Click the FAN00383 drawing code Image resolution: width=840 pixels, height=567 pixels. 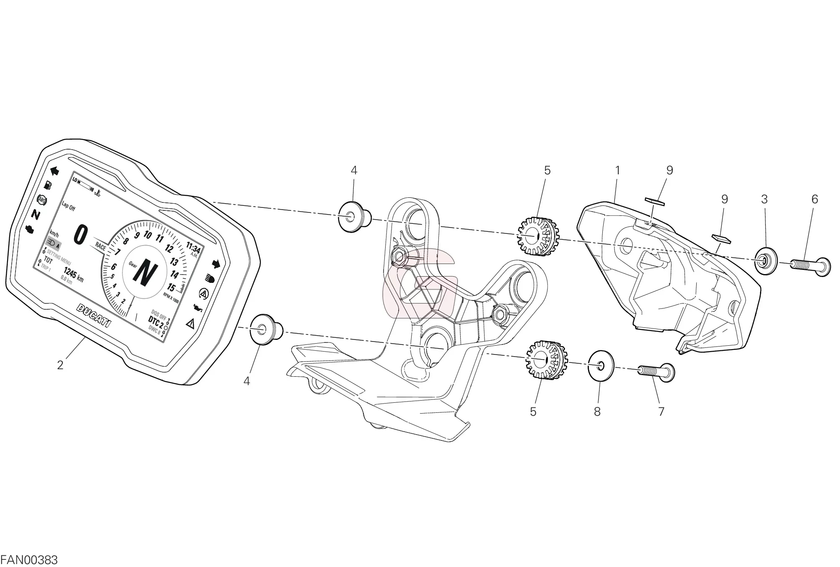click(29, 560)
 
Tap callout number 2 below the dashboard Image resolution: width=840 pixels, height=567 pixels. click(60, 365)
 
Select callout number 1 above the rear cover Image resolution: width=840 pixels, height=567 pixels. click(617, 171)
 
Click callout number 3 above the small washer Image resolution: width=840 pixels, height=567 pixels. click(764, 199)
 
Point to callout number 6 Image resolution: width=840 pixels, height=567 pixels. click(814, 199)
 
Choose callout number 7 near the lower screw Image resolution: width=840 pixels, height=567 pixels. click(661, 412)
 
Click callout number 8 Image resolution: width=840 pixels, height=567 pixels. click(597, 412)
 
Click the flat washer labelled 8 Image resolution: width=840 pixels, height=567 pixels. click(601, 365)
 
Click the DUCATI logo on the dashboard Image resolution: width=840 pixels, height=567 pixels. click(95, 315)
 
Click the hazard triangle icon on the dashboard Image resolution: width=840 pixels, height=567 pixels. click(191, 323)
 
